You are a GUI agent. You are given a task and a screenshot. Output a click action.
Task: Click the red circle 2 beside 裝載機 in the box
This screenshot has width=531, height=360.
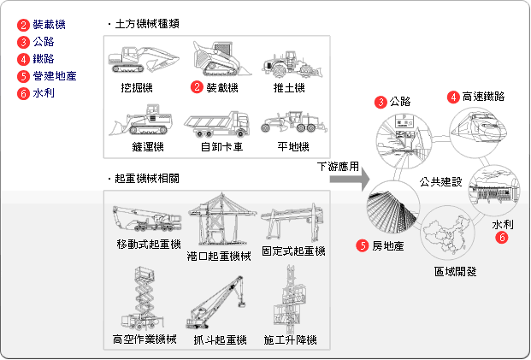(x=196, y=87)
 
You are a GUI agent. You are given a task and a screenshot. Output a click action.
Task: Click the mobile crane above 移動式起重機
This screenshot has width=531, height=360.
(x=145, y=218)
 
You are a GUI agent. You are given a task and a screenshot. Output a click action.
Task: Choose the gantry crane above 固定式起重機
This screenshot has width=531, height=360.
(x=292, y=223)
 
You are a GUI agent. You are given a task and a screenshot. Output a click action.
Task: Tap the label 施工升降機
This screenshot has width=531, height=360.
(x=291, y=340)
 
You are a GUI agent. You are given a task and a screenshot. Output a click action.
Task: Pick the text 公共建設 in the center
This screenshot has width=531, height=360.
(x=440, y=181)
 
